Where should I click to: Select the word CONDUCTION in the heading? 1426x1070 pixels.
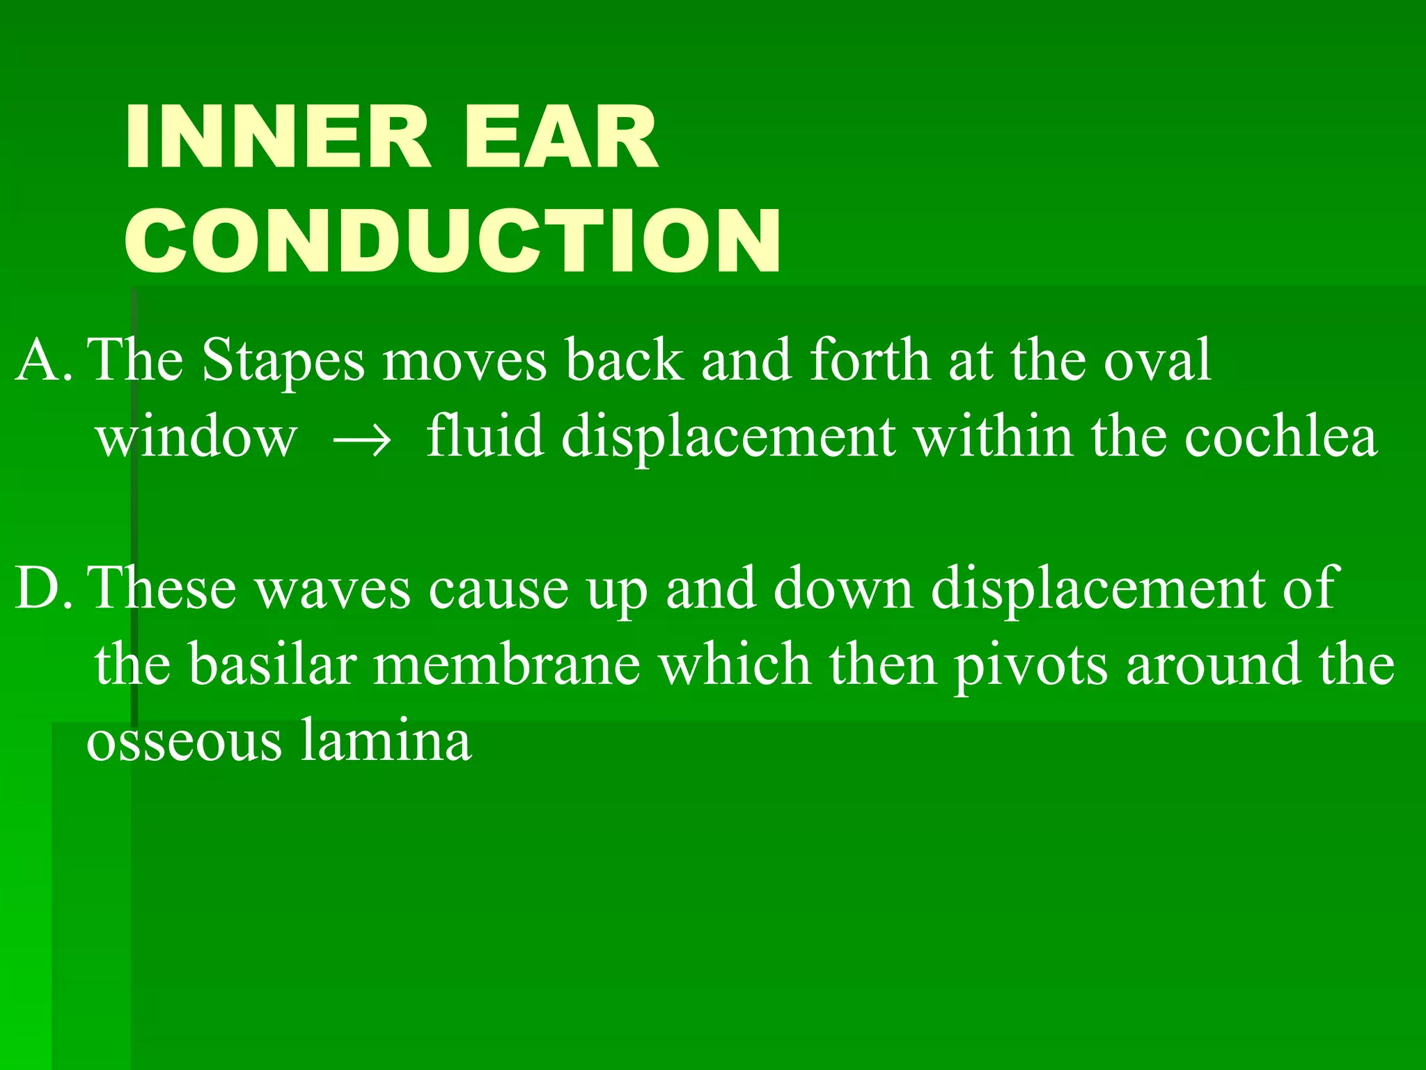click(453, 241)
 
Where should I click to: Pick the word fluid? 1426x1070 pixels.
click(485, 437)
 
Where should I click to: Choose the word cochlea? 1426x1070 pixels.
click(1280, 437)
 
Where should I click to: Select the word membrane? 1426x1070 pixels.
click(506, 665)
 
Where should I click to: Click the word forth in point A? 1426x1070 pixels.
click(870, 361)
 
